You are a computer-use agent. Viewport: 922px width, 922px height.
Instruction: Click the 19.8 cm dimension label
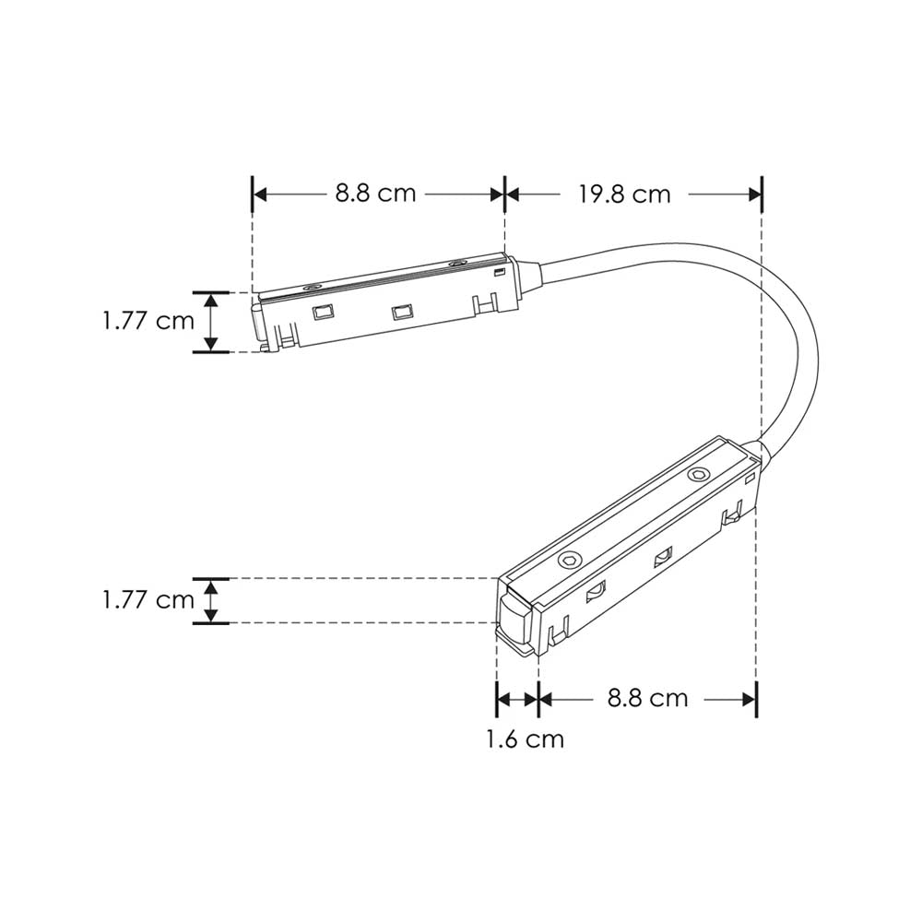tap(624, 195)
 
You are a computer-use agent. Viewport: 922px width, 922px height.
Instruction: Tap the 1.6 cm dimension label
tap(526, 739)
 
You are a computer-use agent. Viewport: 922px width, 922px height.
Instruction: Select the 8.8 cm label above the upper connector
tap(375, 194)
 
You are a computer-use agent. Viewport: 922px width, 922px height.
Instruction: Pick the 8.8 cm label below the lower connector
tap(647, 698)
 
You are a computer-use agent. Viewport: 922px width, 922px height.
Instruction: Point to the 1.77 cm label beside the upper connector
tap(148, 321)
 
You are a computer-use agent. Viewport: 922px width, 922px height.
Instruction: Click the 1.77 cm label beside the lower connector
tap(148, 600)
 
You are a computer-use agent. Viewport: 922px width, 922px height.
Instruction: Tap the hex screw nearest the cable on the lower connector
tap(697, 475)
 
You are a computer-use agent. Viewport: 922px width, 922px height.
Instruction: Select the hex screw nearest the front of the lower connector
tap(570, 560)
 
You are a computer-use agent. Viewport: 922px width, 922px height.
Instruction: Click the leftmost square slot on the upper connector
tap(321, 313)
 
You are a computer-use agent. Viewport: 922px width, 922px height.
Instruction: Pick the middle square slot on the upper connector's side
tap(400, 312)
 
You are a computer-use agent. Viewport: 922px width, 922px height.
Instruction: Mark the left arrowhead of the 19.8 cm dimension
tap(514, 194)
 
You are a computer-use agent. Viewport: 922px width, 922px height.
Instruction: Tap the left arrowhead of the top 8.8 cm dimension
tap(259, 194)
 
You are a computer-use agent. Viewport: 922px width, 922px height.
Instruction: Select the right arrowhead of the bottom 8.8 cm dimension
tap(750, 699)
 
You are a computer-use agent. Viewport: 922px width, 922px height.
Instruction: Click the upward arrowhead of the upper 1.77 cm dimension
tap(211, 299)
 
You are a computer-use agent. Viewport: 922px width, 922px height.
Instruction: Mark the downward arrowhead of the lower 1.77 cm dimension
tap(211, 616)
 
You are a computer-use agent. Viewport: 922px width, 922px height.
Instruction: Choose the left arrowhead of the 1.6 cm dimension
tap(503, 699)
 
